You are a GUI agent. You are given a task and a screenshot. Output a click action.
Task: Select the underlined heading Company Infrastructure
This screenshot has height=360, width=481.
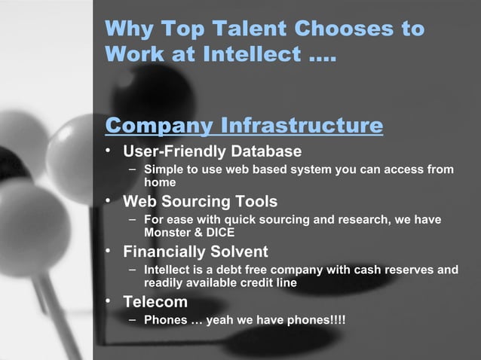click(244, 124)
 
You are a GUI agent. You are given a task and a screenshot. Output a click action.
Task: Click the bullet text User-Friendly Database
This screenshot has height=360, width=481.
click(212, 151)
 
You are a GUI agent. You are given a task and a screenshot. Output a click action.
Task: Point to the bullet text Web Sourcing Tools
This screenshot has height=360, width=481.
click(200, 201)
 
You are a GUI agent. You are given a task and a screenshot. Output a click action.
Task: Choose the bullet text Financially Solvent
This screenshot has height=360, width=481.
click(195, 252)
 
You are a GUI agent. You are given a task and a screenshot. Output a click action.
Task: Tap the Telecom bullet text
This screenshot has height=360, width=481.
click(155, 302)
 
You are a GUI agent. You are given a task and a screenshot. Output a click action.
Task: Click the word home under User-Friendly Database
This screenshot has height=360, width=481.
click(160, 182)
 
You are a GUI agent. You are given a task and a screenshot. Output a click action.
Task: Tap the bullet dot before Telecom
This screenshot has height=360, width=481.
click(109, 302)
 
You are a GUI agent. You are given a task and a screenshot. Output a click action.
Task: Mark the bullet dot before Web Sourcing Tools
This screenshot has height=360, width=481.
click(109, 201)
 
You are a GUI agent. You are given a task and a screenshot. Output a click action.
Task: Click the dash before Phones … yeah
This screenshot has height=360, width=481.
click(132, 319)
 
